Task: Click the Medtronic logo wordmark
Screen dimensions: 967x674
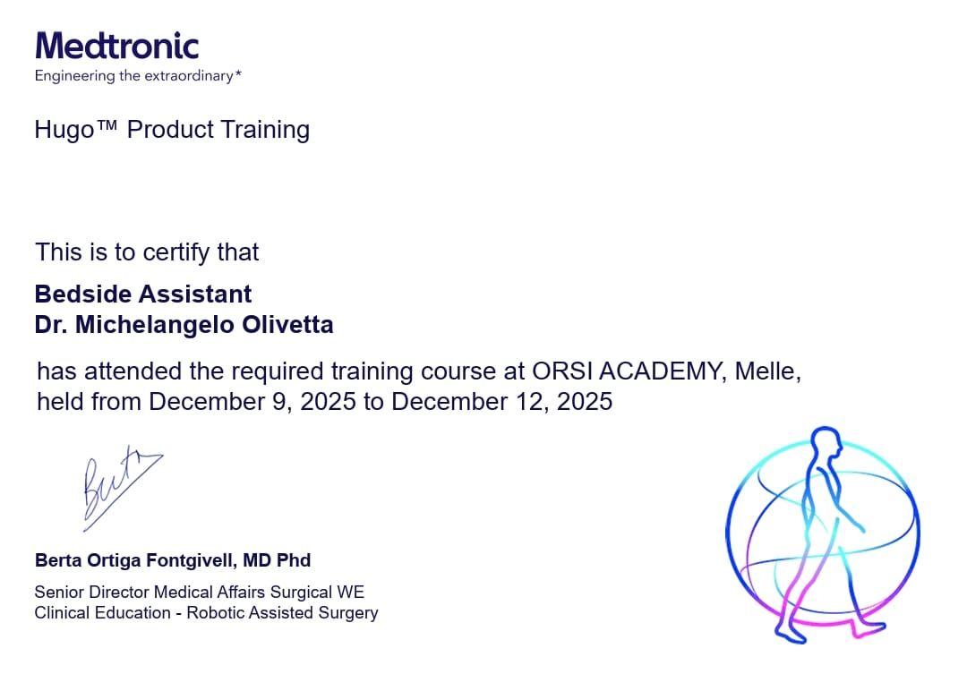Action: coord(117,46)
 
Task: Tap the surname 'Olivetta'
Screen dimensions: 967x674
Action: coord(287,324)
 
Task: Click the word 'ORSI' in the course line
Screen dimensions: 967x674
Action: coord(561,371)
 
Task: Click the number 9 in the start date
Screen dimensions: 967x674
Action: coord(279,401)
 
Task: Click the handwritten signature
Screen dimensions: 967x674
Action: coord(119,487)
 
